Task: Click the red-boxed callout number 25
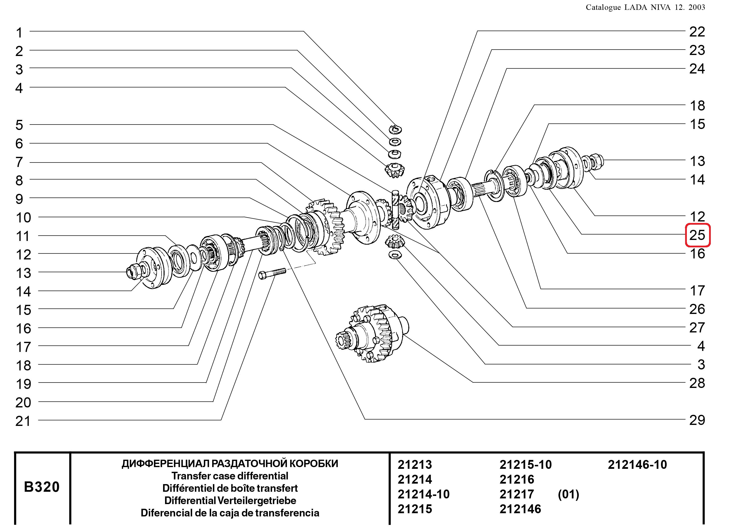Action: (697, 235)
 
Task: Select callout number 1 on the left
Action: (19, 33)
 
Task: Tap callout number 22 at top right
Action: (697, 32)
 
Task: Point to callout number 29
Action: (697, 420)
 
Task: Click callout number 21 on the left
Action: (23, 421)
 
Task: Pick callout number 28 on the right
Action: (697, 383)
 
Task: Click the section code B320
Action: (42, 487)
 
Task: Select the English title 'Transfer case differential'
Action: (230, 476)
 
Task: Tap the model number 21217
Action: (517, 494)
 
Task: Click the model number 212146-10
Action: (638, 464)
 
